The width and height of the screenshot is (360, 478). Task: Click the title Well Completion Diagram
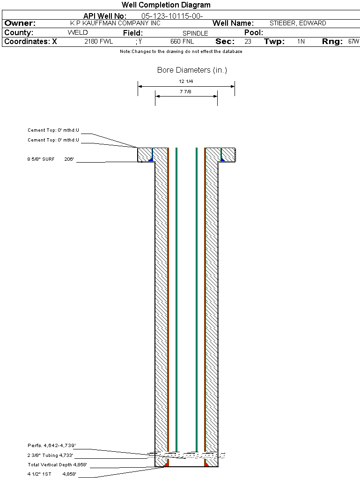pyautogui.click(x=166, y=5)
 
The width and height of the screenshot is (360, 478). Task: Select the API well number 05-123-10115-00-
pyautogui.click(x=172, y=16)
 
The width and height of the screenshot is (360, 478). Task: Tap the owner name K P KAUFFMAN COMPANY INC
pyautogui.click(x=115, y=23)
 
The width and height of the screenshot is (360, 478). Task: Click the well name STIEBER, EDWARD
pyautogui.click(x=298, y=23)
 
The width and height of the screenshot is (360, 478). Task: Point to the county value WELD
pyautogui.click(x=78, y=33)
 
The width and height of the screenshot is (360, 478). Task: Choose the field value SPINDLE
pyautogui.click(x=195, y=33)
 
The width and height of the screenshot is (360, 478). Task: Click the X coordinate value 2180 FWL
pyautogui.click(x=99, y=41)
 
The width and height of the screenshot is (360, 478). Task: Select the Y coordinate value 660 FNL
pyautogui.click(x=182, y=41)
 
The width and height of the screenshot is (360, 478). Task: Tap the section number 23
pyautogui.click(x=248, y=41)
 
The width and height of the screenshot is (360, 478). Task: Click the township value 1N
pyautogui.click(x=301, y=41)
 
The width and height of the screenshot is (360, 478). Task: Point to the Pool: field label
pyautogui.click(x=254, y=33)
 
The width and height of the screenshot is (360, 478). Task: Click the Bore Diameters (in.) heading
pyautogui.click(x=192, y=70)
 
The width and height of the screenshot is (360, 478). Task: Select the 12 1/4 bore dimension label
pyautogui.click(x=186, y=82)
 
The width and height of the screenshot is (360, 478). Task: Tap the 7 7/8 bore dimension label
pyautogui.click(x=185, y=92)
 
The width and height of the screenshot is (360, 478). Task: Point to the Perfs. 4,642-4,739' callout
pyautogui.click(x=52, y=445)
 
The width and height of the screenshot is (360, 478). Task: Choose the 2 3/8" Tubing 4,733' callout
pyautogui.click(x=50, y=455)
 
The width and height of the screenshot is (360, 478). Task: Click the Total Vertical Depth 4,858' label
pyautogui.click(x=57, y=465)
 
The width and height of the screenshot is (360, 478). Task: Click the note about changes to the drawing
pyautogui.click(x=181, y=52)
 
